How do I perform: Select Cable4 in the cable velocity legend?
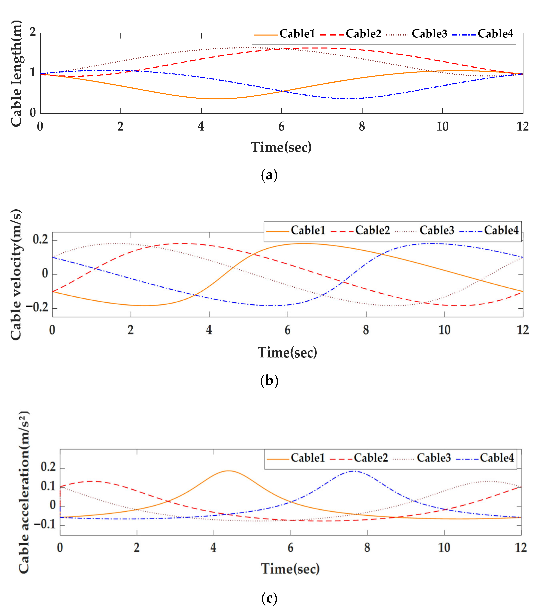point(501,230)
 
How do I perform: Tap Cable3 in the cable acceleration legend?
point(433,458)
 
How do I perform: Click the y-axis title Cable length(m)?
point(17,73)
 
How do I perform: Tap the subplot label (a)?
point(269,175)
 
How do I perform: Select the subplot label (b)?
point(269,381)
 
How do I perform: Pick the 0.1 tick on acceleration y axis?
point(48,486)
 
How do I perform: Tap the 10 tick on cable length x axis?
point(442,127)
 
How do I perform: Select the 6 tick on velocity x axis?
point(287,330)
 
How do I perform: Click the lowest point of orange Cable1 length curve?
point(217,99)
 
